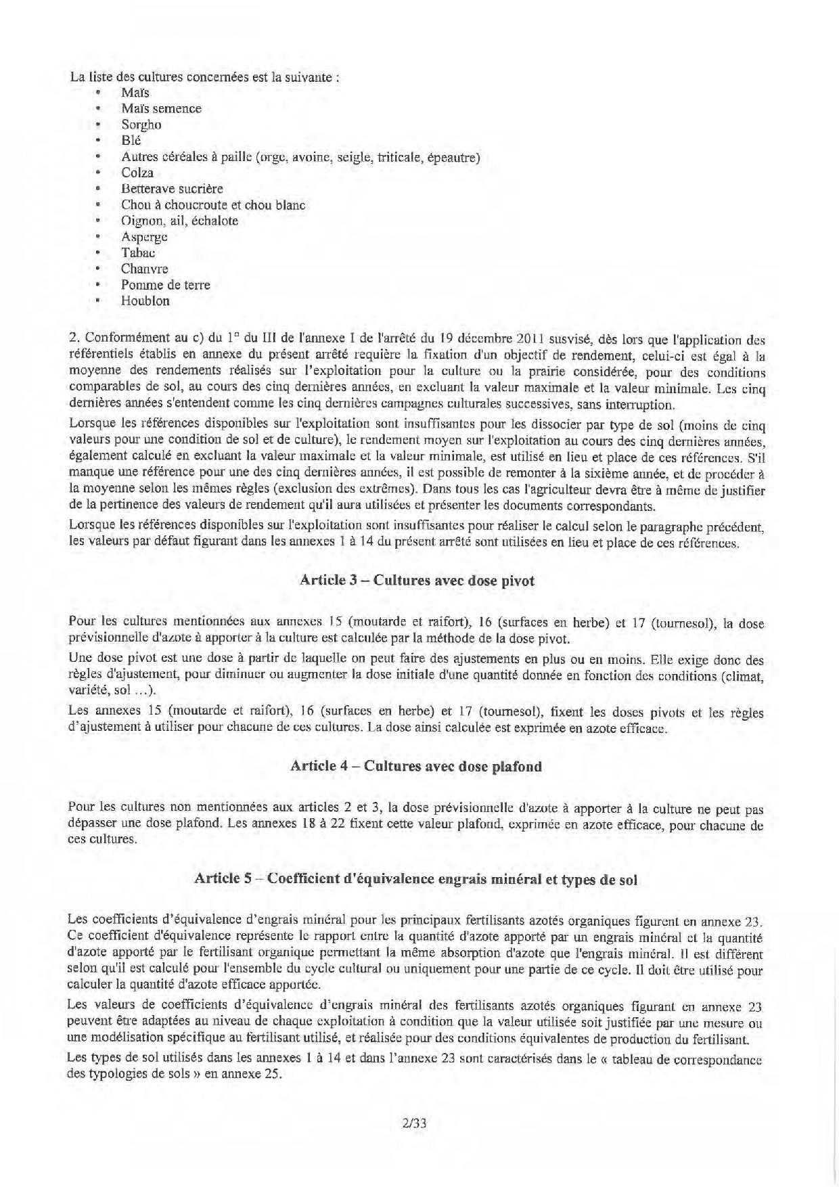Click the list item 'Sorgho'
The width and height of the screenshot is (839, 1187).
(141, 125)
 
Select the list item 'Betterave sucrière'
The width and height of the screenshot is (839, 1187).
(172, 189)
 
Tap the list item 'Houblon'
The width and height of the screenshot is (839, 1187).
(145, 301)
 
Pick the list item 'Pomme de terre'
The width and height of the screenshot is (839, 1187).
(165, 285)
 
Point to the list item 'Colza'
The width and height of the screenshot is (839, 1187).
(137, 173)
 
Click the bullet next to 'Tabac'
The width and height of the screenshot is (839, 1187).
(99, 253)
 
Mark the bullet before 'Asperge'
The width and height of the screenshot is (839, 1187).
(99, 237)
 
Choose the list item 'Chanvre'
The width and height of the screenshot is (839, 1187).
(145, 269)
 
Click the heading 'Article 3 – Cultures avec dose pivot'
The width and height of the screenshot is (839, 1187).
(417, 581)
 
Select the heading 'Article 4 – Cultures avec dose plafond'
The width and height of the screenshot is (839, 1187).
(416, 766)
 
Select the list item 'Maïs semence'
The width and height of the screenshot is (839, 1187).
(161, 108)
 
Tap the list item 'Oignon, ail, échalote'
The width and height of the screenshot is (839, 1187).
(179, 221)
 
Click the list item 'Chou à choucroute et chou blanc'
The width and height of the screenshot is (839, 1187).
(213, 205)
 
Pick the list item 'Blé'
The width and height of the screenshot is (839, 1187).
(131, 141)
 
